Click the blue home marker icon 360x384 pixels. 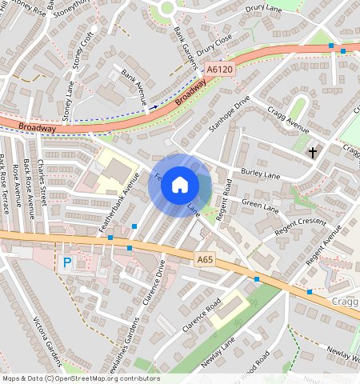point(180,185)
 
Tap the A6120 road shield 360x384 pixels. point(220,70)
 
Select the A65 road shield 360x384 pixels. point(205,258)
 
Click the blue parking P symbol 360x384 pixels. point(66,262)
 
